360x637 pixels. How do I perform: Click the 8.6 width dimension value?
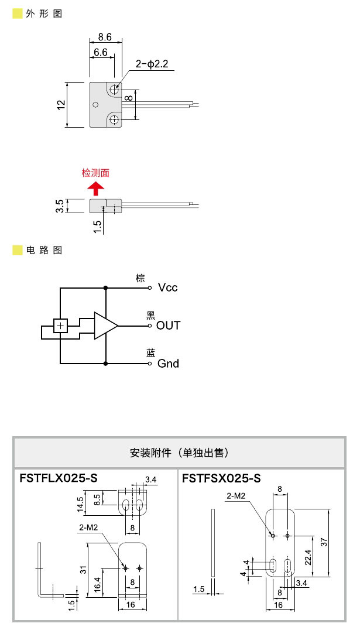coord(105,37)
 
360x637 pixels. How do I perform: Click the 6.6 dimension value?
coord(100,52)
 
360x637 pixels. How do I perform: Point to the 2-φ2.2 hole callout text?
coord(152,64)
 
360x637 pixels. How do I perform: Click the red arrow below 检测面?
coord(95,188)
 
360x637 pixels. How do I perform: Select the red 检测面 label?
coord(95,173)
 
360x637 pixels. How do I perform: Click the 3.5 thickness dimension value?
coord(61,206)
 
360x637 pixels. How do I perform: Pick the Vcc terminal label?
coord(167,287)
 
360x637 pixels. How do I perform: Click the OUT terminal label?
coord(168,326)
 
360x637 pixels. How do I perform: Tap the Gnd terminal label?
coord(168,364)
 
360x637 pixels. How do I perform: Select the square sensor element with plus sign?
coord(60,326)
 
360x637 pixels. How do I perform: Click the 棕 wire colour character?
coord(140,278)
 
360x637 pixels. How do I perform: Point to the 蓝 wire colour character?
coord(150,352)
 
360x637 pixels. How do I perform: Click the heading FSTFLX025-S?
coord(59,478)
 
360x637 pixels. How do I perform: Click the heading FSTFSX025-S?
coord(221,478)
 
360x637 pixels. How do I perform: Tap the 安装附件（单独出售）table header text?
coord(179,453)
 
